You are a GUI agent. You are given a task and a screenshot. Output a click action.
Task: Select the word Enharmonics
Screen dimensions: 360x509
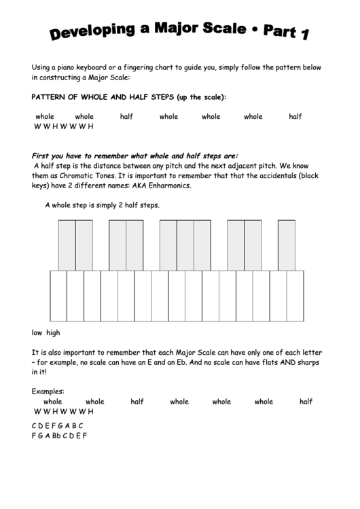tap(167, 186)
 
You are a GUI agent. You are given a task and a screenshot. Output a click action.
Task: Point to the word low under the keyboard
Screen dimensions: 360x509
tap(37, 333)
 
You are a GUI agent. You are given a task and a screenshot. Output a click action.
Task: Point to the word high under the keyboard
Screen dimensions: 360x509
tap(53, 333)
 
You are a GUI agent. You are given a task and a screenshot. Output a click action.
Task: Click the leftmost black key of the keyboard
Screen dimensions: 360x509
tap(67, 245)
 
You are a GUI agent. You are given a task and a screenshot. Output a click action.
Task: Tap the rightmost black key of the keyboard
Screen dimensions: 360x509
tap(287, 245)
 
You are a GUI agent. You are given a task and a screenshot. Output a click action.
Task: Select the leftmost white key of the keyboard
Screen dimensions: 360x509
tap(58, 295)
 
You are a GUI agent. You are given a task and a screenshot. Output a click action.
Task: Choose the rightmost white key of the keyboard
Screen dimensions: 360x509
tap(295, 295)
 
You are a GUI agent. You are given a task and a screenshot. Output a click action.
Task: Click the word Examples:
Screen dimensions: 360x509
tap(48, 391)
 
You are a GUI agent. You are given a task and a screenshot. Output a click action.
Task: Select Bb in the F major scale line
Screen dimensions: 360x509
tap(58, 436)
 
